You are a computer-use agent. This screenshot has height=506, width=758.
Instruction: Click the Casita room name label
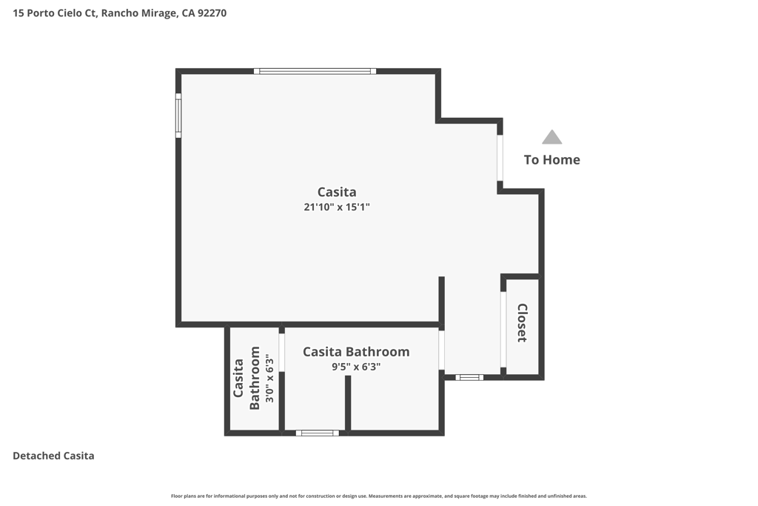click(x=337, y=192)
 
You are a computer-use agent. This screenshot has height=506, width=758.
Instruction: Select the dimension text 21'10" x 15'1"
click(x=337, y=207)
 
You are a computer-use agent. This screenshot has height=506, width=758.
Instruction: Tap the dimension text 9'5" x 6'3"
click(x=356, y=367)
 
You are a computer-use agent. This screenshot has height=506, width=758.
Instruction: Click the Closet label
click(x=522, y=323)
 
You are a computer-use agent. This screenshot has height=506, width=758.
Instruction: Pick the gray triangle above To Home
click(x=551, y=137)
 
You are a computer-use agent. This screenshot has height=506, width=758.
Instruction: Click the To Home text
click(x=552, y=159)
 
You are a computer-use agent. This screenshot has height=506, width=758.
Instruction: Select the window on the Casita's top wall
click(x=315, y=71)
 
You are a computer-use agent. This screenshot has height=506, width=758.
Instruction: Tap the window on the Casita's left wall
click(x=178, y=115)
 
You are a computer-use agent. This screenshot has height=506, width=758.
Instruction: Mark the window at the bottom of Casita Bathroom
click(x=317, y=433)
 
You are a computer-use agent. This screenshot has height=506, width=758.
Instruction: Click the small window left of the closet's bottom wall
click(x=469, y=377)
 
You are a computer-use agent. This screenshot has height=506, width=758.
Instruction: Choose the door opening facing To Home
click(x=500, y=158)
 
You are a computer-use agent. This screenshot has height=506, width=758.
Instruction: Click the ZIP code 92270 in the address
click(x=212, y=13)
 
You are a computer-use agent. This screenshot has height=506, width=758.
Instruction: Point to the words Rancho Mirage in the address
click(x=138, y=13)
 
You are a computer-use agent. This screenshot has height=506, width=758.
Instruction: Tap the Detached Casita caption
click(x=53, y=456)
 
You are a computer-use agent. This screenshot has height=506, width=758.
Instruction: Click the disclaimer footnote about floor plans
click(x=379, y=496)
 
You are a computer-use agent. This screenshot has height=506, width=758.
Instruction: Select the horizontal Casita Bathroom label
click(x=356, y=352)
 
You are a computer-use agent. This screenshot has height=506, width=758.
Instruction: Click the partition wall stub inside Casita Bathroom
click(x=348, y=403)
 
